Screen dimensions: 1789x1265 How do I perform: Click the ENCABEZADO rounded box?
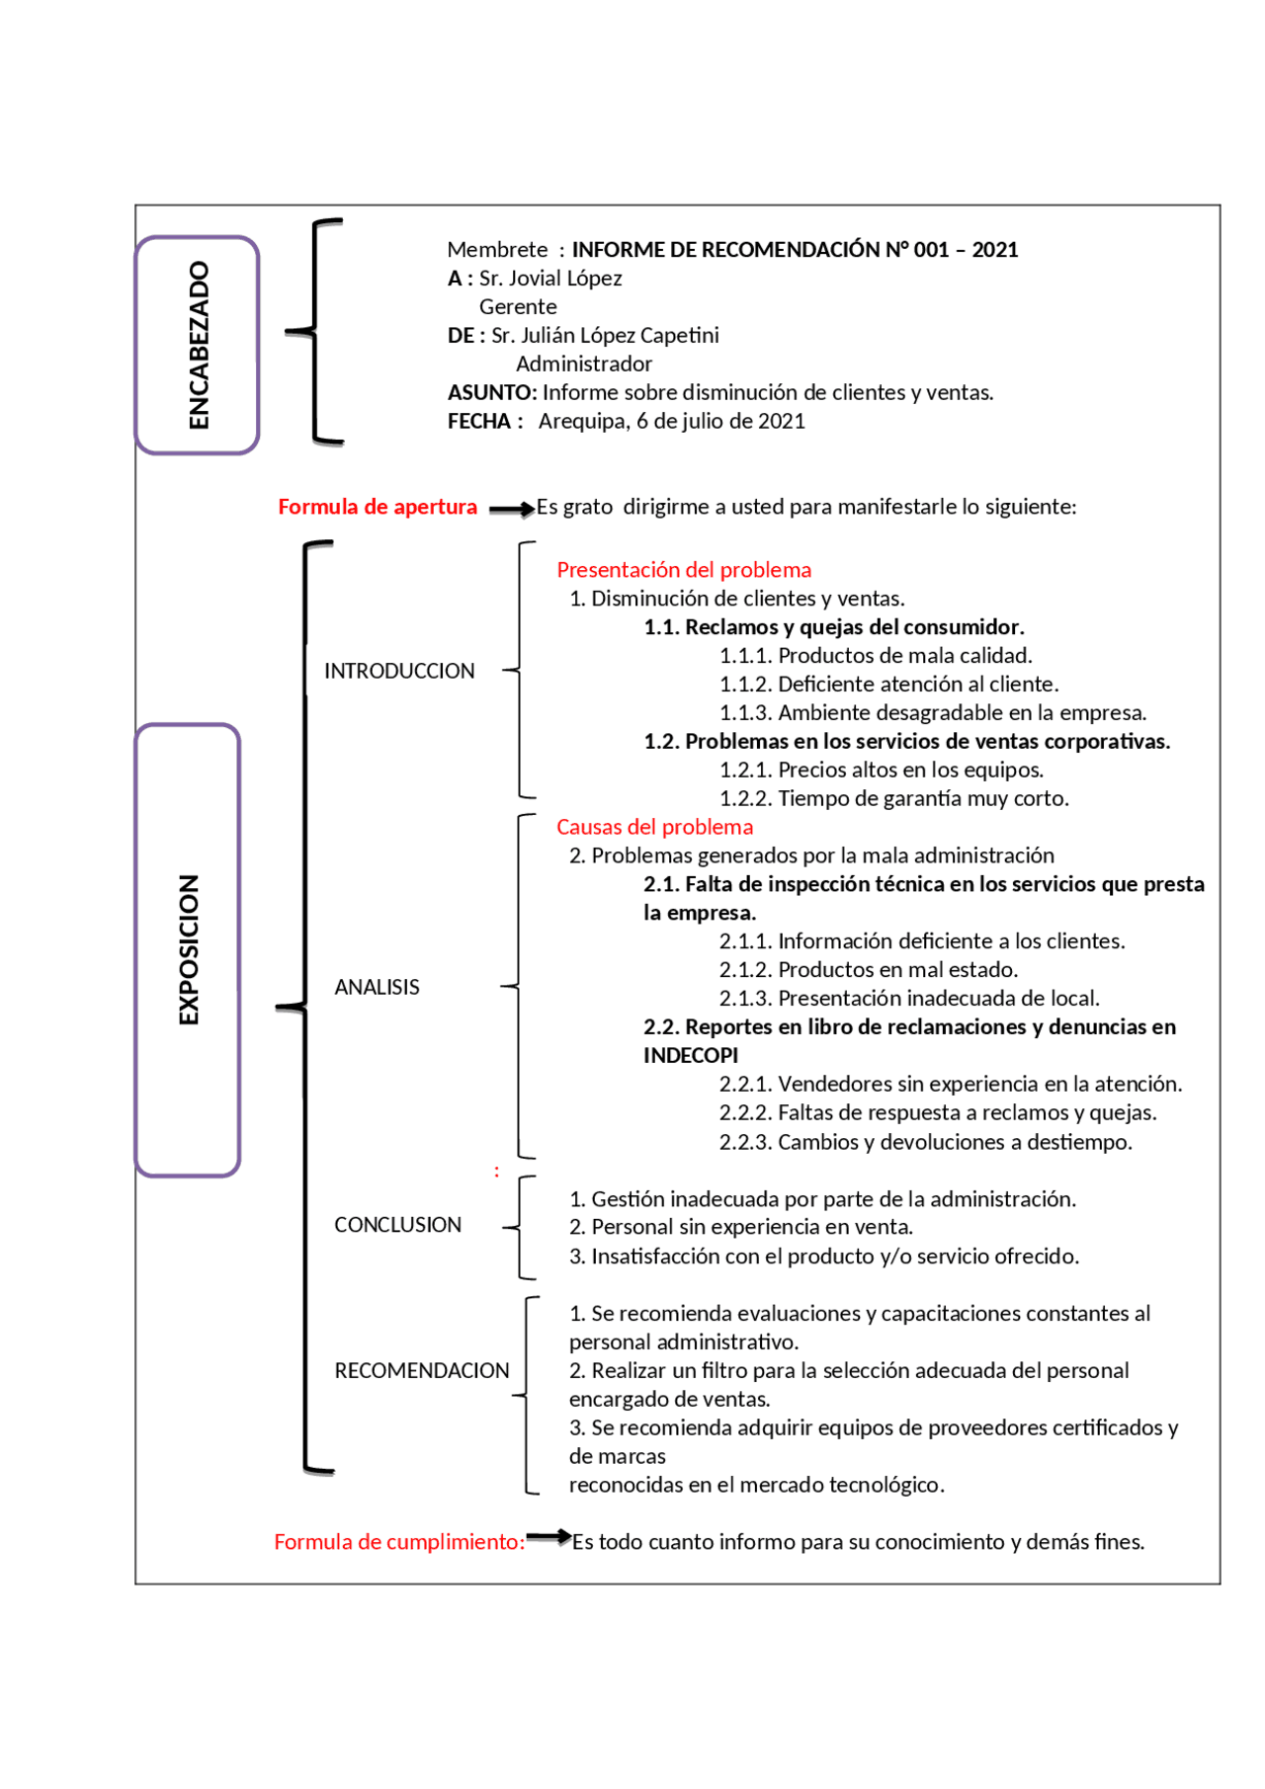(x=197, y=345)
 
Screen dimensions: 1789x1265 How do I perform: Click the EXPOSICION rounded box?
(x=188, y=949)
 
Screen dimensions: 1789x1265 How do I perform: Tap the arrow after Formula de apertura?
(x=511, y=510)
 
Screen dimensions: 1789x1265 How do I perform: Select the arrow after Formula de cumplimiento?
(x=548, y=1536)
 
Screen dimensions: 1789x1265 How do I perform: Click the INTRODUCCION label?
(x=399, y=671)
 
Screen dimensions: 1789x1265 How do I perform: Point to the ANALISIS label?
(x=377, y=987)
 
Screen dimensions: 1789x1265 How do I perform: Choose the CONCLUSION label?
(x=397, y=1225)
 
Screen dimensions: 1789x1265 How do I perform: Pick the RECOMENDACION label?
(x=422, y=1370)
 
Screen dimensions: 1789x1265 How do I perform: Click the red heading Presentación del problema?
(x=684, y=570)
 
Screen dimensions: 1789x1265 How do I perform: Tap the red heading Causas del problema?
(x=654, y=827)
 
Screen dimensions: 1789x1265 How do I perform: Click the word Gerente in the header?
(x=518, y=307)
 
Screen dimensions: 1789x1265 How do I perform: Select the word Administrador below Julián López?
(x=584, y=365)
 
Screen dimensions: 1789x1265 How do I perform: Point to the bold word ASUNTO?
(x=492, y=392)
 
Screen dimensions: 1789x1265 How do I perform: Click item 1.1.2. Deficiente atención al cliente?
(x=888, y=684)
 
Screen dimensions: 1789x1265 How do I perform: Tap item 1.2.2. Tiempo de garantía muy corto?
(x=893, y=798)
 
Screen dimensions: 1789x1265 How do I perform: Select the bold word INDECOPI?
(x=691, y=1055)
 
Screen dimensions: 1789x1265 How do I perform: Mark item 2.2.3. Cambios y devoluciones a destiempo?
(x=925, y=1142)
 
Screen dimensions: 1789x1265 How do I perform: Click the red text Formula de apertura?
(x=378, y=507)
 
